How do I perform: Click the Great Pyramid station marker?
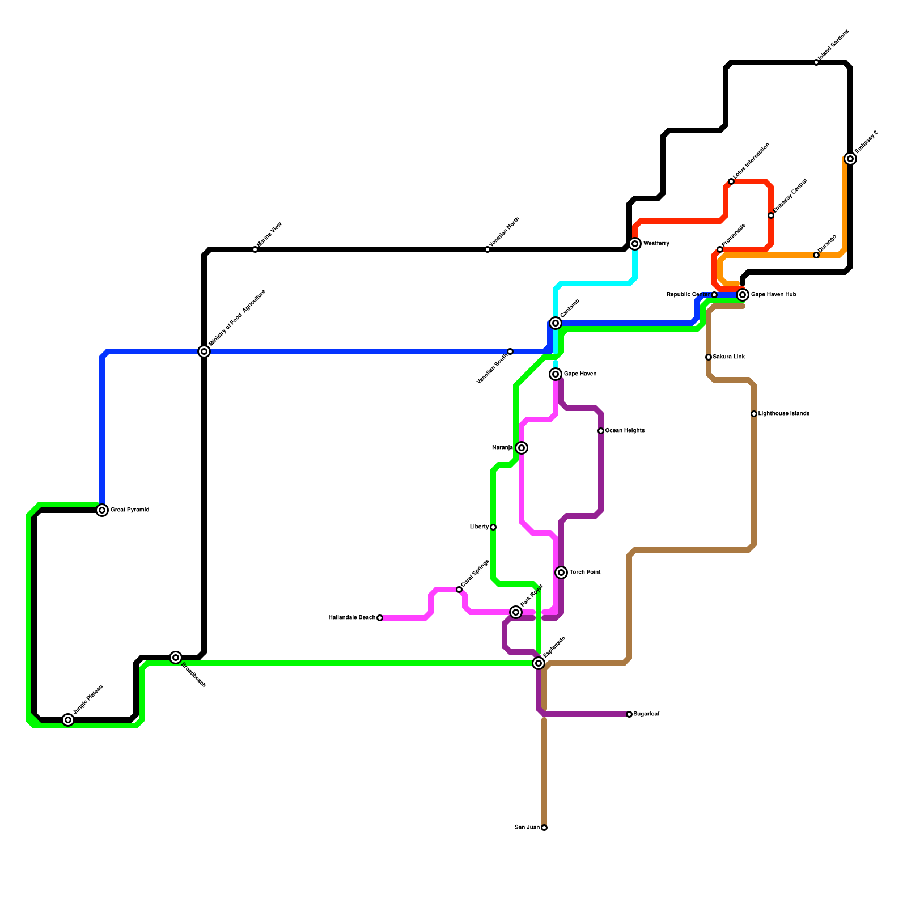click(x=102, y=510)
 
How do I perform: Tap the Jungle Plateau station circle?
click(x=68, y=720)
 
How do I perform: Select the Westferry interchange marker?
click(x=635, y=244)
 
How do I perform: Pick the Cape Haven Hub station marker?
click(x=743, y=295)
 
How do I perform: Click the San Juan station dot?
click(x=544, y=828)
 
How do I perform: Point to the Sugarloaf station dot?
click(x=629, y=714)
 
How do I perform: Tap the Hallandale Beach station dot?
click(x=380, y=618)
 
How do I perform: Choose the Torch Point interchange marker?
click(x=561, y=573)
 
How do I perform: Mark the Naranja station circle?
click(x=522, y=448)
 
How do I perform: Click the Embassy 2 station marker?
click(x=850, y=159)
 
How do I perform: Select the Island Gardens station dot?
click(x=816, y=62)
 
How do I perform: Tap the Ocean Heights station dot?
click(x=601, y=431)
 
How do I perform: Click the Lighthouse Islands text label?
click(x=783, y=414)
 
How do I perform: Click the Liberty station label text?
click(x=479, y=527)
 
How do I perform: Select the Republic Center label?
click(x=688, y=295)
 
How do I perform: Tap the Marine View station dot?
click(x=255, y=249)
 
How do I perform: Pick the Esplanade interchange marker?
click(x=539, y=663)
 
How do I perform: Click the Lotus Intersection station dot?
click(x=731, y=181)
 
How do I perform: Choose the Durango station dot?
click(x=816, y=255)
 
